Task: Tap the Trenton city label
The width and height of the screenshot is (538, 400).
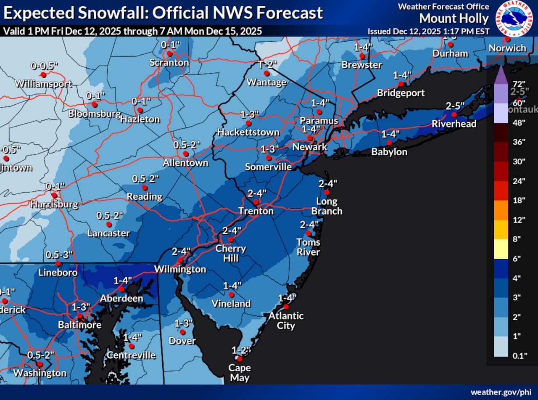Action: click(256, 211)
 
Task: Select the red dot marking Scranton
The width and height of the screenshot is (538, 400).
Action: click(169, 54)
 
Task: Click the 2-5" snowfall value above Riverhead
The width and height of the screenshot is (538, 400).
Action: click(454, 105)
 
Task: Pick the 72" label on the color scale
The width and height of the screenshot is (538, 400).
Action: click(520, 83)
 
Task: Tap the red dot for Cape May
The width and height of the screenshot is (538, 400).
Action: click(240, 359)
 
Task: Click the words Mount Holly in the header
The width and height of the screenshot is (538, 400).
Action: click(454, 19)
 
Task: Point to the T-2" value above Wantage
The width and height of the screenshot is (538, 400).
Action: click(268, 64)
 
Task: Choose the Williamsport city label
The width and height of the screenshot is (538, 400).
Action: click(43, 83)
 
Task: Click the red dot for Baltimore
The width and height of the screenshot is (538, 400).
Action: click(79, 316)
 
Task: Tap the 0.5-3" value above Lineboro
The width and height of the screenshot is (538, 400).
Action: click(59, 255)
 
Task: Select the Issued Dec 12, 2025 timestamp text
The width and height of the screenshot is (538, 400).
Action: click(428, 32)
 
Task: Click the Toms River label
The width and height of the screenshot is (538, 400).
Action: click(308, 247)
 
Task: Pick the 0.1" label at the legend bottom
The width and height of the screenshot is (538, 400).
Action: click(520, 356)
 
